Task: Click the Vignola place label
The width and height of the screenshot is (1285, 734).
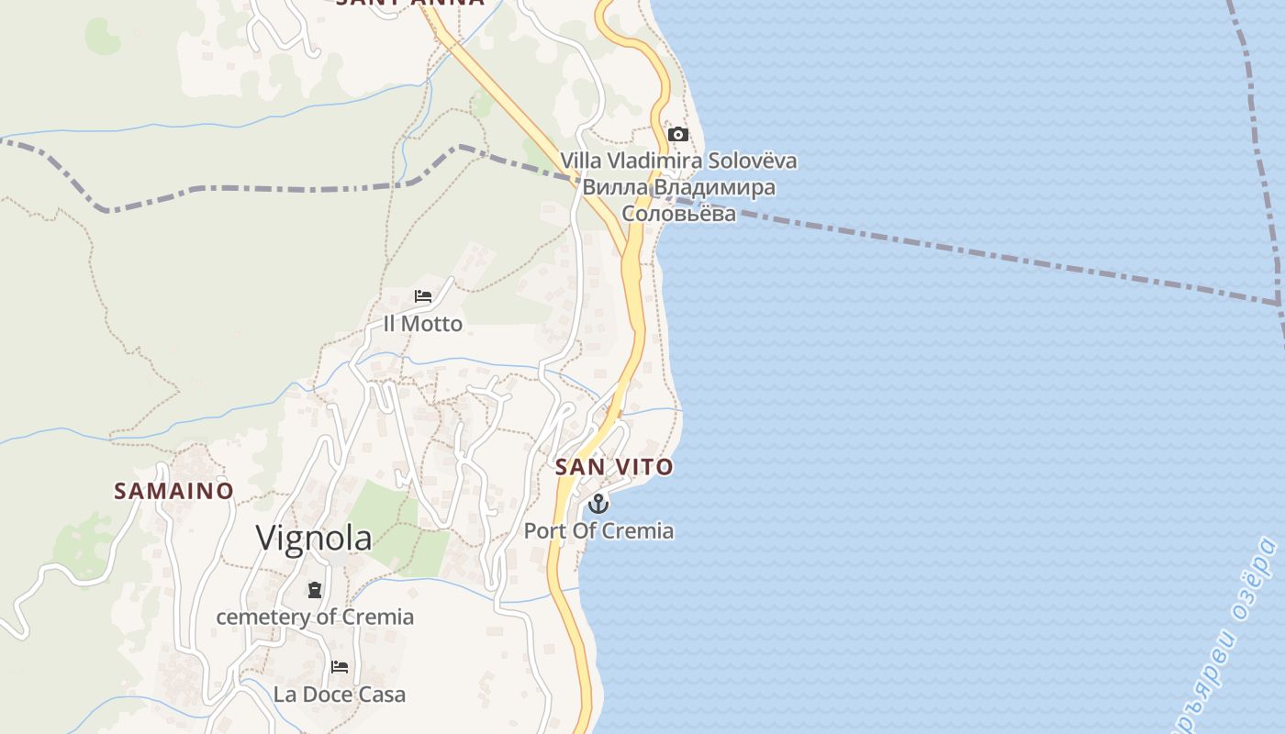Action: point(314,538)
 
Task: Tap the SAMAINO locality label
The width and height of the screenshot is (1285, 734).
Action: point(173,491)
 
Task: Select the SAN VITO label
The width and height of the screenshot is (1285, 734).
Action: point(614,467)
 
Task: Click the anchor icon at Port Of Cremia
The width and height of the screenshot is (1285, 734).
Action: point(598,503)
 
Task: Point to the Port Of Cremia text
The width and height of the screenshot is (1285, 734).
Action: point(598,530)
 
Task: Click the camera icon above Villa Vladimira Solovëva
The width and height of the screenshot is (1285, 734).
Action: point(678,135)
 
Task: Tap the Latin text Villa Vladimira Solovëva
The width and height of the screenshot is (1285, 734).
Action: point(678,161)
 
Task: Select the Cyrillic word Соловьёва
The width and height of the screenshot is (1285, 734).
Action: point(678,214)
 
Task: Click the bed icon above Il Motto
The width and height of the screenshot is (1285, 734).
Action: point(423,296)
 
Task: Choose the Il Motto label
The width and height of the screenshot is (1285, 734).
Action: point(423,324)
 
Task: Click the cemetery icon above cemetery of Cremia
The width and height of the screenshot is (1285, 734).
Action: point(315,589)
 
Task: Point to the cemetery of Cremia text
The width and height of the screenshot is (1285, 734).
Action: point(315,617)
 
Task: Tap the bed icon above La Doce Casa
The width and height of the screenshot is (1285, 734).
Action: point(340,667)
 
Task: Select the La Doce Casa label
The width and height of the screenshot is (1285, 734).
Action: point(340,695)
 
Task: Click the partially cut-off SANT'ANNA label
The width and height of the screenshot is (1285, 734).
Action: point(410,4)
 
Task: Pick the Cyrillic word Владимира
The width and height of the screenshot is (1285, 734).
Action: point(712,187)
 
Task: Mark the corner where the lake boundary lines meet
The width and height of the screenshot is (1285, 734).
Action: point(1279,302)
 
